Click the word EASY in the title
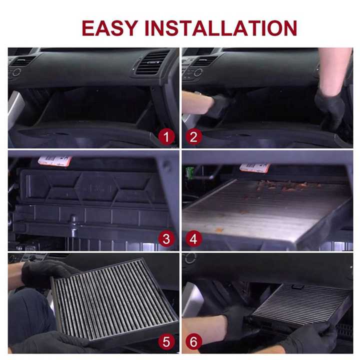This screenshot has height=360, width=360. tap(110, 28)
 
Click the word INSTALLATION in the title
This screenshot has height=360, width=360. tap(220, 28)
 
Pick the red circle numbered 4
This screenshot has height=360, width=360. tap(194, 239)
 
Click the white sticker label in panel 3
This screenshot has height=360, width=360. tap(55, 160)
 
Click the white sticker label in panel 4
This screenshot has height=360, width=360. tap(254, 167)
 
